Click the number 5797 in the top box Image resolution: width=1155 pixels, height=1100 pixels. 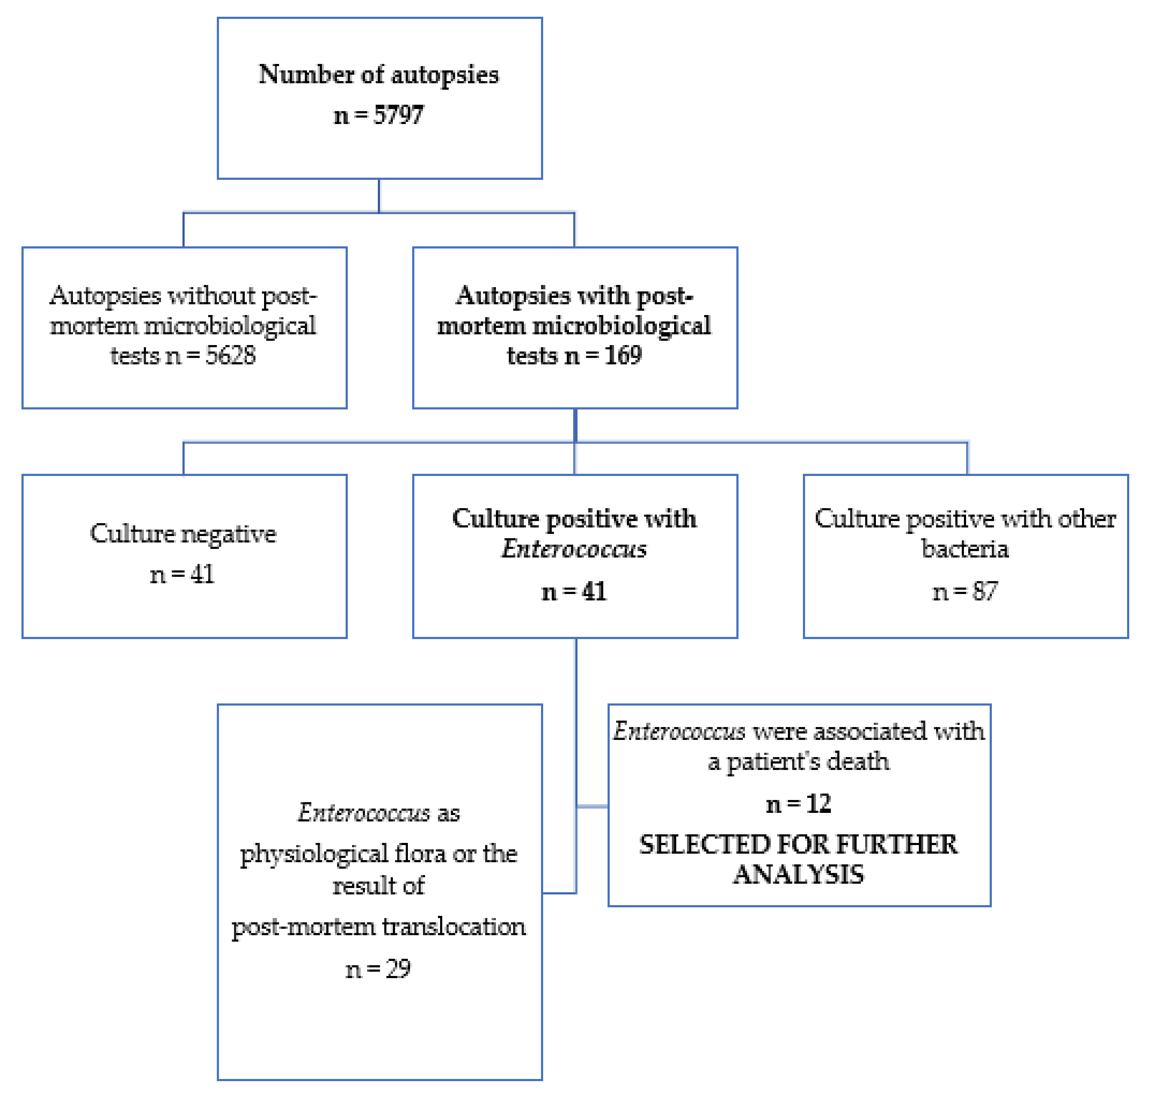point(399,115)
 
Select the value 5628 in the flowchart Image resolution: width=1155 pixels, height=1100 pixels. point(231,356)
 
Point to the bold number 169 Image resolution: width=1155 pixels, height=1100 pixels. point(623,356)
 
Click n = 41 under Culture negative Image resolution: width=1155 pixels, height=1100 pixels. point(182,575)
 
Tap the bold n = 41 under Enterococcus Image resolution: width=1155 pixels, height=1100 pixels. point(574,592)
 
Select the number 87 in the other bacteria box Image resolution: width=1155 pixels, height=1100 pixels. point(985,592)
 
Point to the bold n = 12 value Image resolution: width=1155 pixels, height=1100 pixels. point(798,804)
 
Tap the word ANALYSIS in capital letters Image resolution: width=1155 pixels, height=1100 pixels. point(798,875)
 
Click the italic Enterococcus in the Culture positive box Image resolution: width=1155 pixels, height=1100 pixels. point(574,549)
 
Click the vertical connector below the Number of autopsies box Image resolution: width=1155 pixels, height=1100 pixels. point(379,195)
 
